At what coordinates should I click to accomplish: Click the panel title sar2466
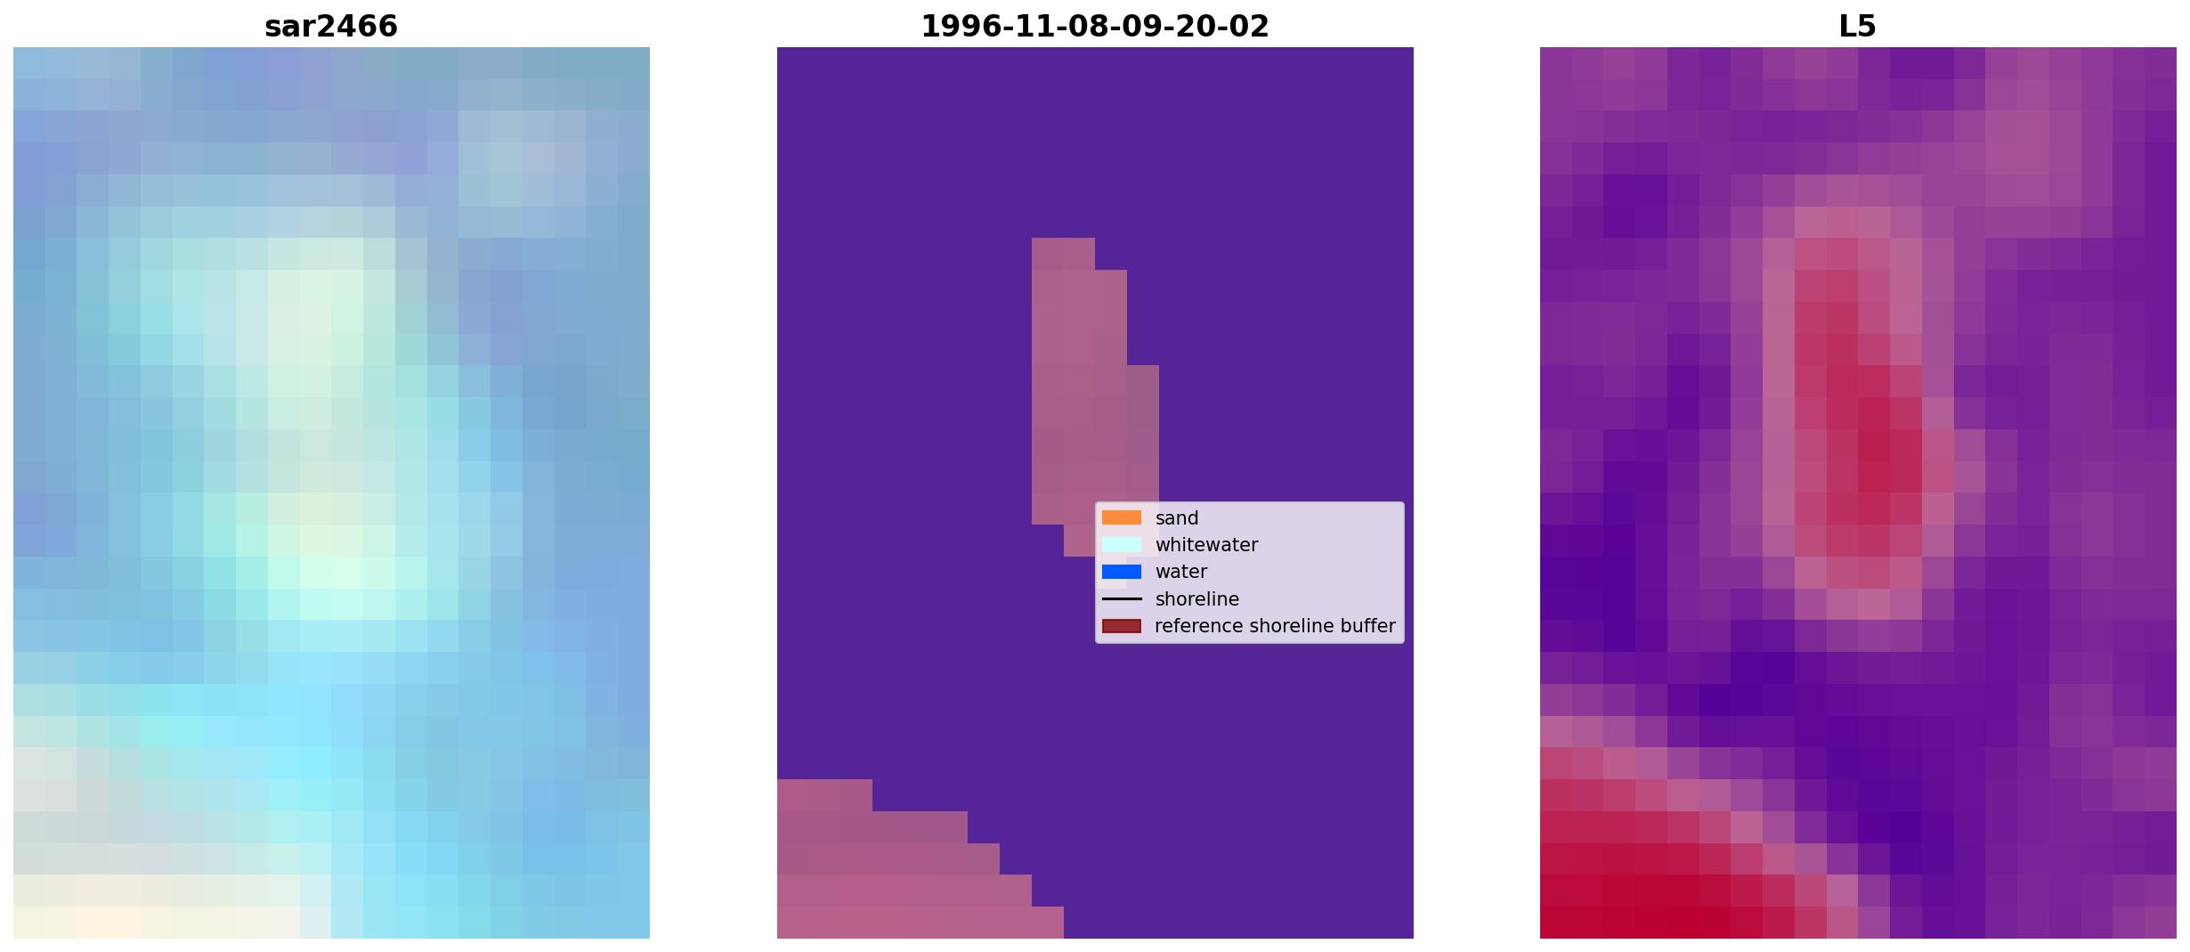(x=330, y=26)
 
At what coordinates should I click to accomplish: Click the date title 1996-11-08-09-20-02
(x=1094, y=26)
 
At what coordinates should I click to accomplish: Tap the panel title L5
(x=1857, y=26)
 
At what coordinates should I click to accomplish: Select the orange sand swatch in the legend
(x=1121, y=517)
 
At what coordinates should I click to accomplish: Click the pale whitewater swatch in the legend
(x=1121, y=544)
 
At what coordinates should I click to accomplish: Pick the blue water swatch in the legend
(x=1121, y=572)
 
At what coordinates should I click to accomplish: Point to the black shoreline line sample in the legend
(x=1121, y=599)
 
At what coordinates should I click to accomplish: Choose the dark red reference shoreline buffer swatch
(x=1121, y=626)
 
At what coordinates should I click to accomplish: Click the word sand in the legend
(x=1177, y=518)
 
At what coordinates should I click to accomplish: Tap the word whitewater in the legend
(x=1206, y=545)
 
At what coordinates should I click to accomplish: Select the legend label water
(x=1181, y=572)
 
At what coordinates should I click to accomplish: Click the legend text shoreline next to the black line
(x=1196, y=599)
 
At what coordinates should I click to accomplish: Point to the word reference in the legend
(x=1197, y=626)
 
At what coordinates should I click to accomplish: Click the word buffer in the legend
(x=1371, y=626)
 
